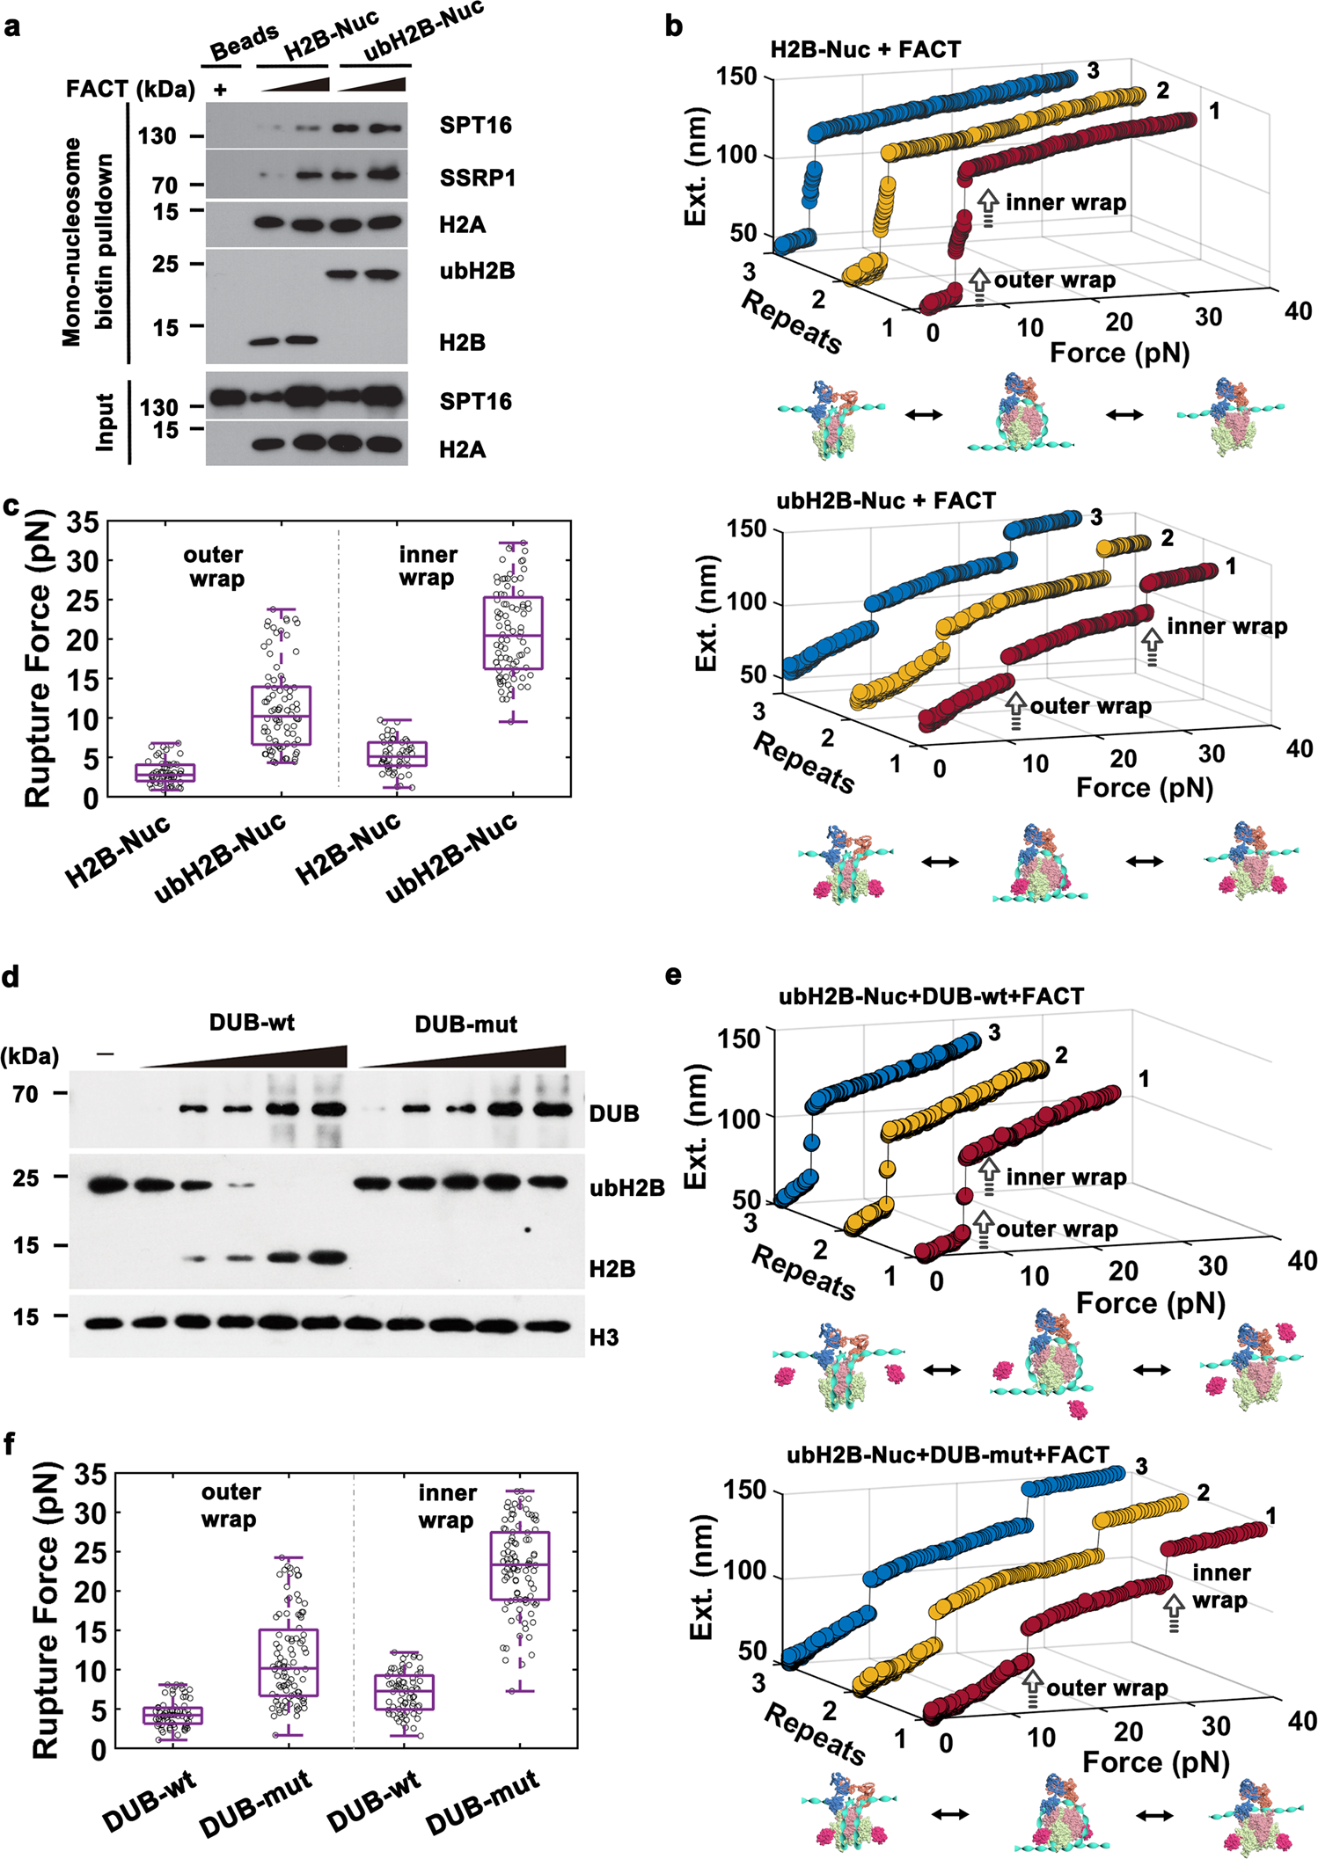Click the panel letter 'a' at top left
[12, 26]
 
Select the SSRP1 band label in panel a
[477, 179]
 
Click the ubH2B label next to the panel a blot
[477, 271]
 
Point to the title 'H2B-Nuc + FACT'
[865, 50]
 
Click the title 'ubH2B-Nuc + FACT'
[886, 501]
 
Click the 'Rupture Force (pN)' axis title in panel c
[38, 659]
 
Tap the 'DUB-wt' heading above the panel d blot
[252, 1023]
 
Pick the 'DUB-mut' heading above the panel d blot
[465, 1024]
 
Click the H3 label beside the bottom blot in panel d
[604, 1338]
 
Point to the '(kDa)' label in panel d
[30, 1056]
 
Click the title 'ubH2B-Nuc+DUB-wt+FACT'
[931, 996]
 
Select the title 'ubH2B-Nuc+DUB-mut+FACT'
[948, 1454]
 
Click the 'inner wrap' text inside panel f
[447, 1505]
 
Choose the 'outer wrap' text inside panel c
[214, 566]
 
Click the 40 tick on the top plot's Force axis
[1298, 311]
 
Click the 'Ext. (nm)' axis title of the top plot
[696, 167]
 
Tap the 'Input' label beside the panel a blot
[106, 422]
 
